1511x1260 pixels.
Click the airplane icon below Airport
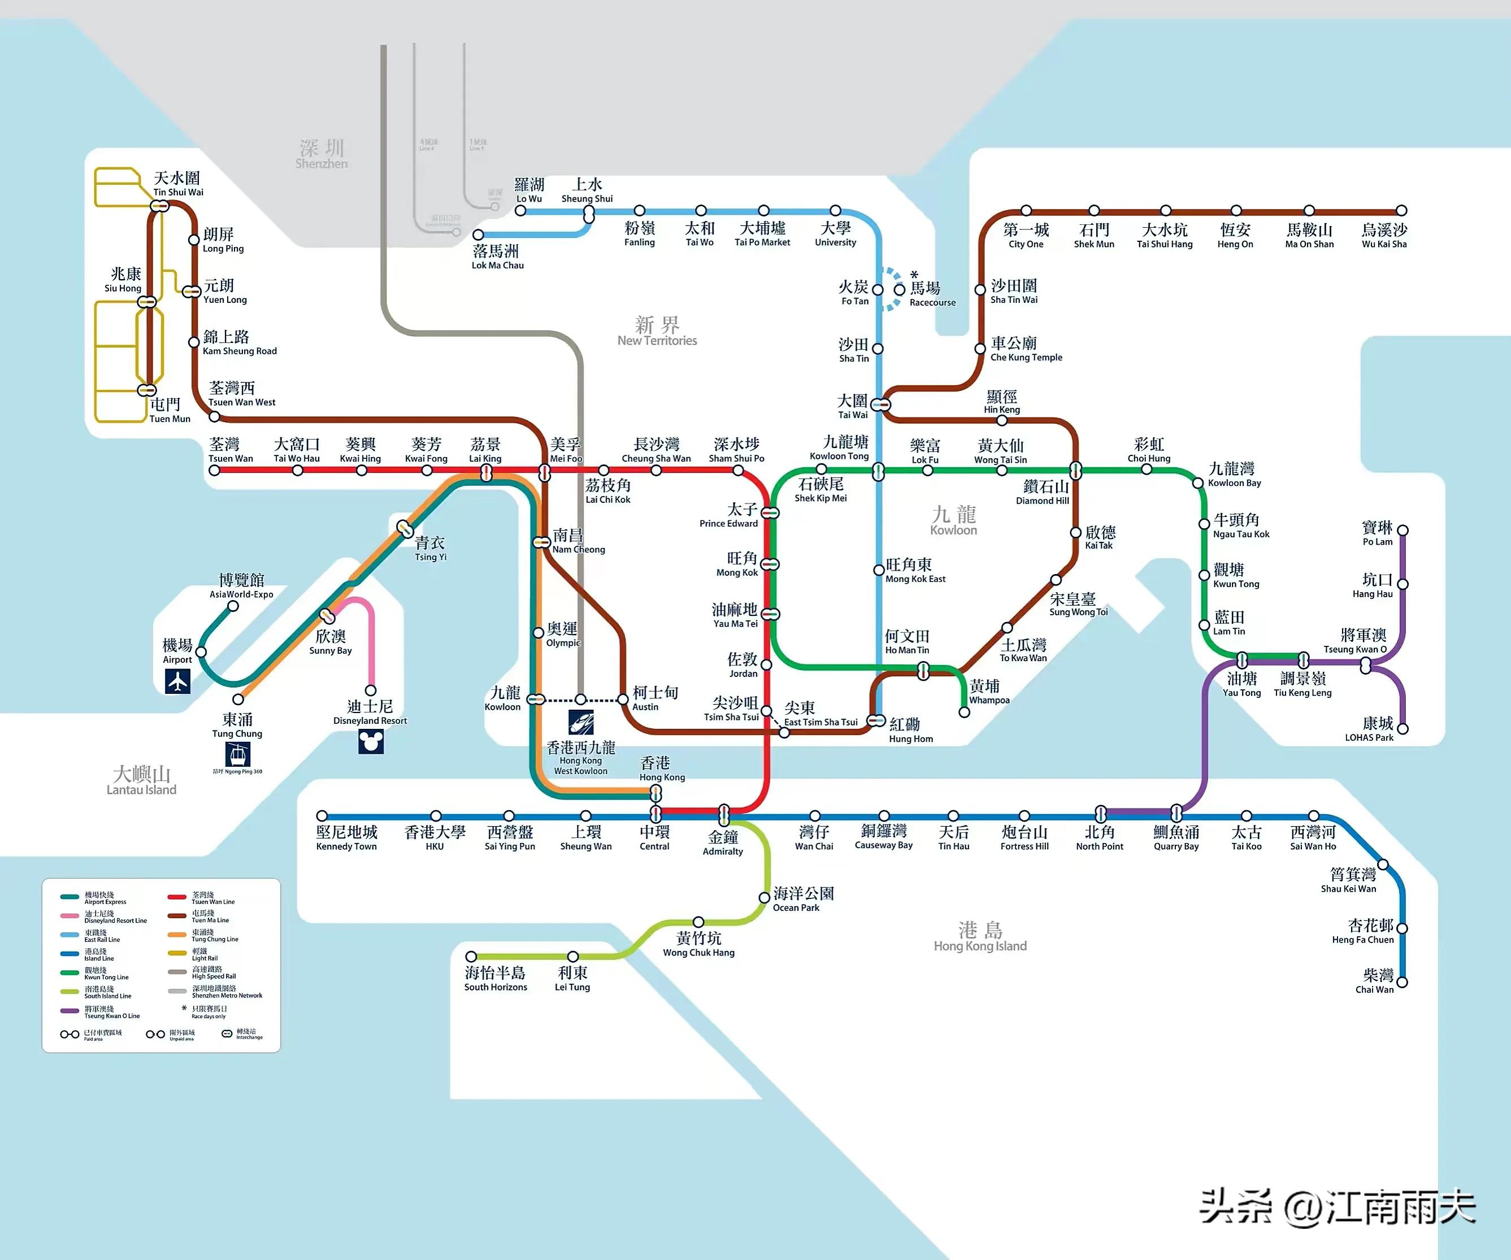coord(177,681)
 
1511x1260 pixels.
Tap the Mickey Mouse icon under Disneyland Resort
coord(371,741)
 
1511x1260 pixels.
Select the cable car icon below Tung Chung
coord(237,754)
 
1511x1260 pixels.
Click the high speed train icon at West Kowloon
coord(581,722)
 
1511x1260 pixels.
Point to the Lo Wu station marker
coord(520,211)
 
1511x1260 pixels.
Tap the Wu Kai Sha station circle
coord(1401,211)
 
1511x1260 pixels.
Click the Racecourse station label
coord(932,294)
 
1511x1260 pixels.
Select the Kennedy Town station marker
coord(322,816)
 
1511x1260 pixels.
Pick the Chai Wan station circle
coord(1401,981)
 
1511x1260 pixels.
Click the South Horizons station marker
coord(471,957)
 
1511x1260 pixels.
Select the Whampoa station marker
coord(964,712)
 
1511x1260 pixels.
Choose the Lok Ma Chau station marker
coord(477,234)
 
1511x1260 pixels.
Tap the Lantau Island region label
coord(142,781)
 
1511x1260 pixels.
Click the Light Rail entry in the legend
coord(205,955)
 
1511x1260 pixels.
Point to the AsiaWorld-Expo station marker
coord(233,606)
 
